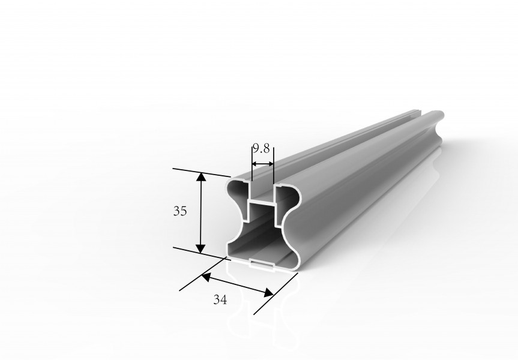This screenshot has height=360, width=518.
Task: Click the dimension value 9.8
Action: click(261, 149)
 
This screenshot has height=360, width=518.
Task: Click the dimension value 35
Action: click(180, 211)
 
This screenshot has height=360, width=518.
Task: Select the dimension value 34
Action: click(220, 299)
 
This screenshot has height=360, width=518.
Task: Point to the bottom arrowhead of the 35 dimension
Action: click(200, 248)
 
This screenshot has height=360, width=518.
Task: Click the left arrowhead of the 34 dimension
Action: click(205, 277)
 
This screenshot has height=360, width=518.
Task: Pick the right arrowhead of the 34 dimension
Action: click(268, 292)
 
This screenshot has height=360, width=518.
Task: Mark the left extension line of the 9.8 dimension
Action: click(251, 163)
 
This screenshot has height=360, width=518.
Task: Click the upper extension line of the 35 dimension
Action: click(202, 172)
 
